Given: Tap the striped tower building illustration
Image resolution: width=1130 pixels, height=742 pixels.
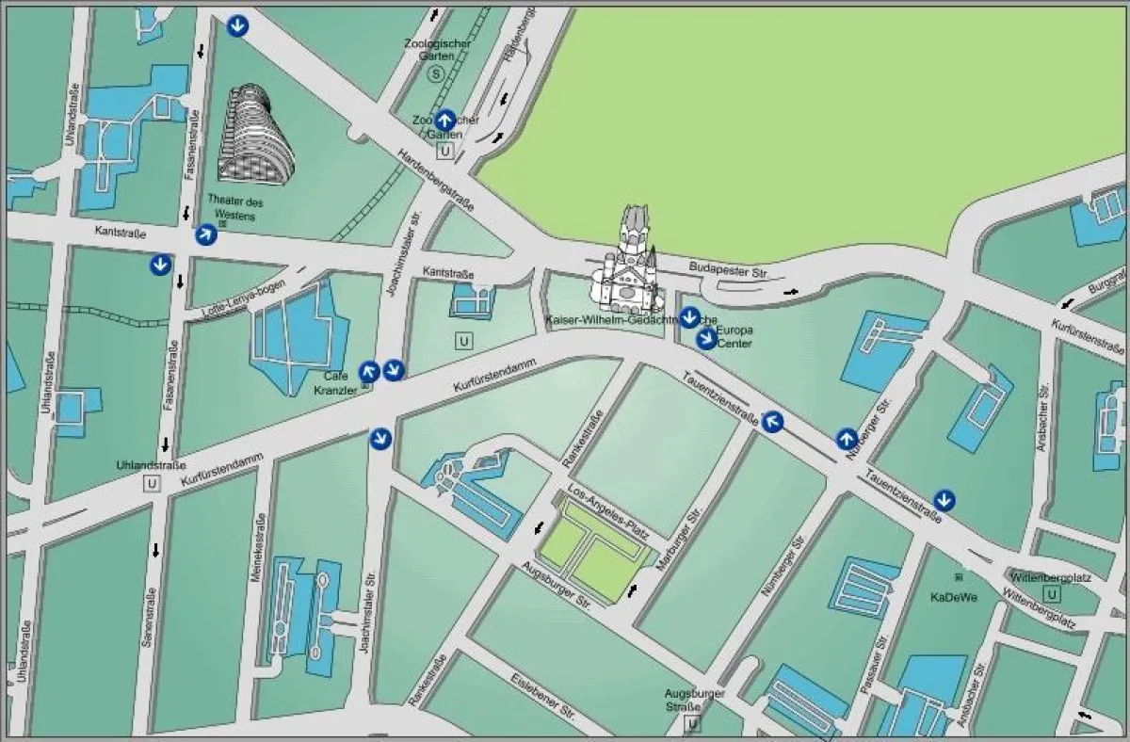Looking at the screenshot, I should (x=254, y=135).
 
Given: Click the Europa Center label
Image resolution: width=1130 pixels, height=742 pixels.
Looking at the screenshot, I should (x=734, y=336).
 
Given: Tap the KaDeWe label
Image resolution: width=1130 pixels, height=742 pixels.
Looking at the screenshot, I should (x=953, y=596).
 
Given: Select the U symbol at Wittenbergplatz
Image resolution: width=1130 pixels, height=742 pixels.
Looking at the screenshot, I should (x=1052, y=594).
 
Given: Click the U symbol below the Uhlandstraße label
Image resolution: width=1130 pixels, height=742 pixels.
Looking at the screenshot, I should (x=151, y=484).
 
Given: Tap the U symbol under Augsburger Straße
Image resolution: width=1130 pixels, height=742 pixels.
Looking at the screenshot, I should (x=694, y=723).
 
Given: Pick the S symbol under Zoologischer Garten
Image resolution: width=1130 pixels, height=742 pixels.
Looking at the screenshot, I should (x=434, y=73).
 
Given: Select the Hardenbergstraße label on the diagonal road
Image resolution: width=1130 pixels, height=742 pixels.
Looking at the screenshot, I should (x=435, y=178).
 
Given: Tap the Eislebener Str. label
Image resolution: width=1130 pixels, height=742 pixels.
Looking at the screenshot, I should (x=542, y=694).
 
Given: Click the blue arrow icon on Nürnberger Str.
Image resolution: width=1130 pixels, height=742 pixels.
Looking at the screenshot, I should (x=847, y=439).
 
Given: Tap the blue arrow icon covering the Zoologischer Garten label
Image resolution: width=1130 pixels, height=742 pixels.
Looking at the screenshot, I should (x=445, y=120).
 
